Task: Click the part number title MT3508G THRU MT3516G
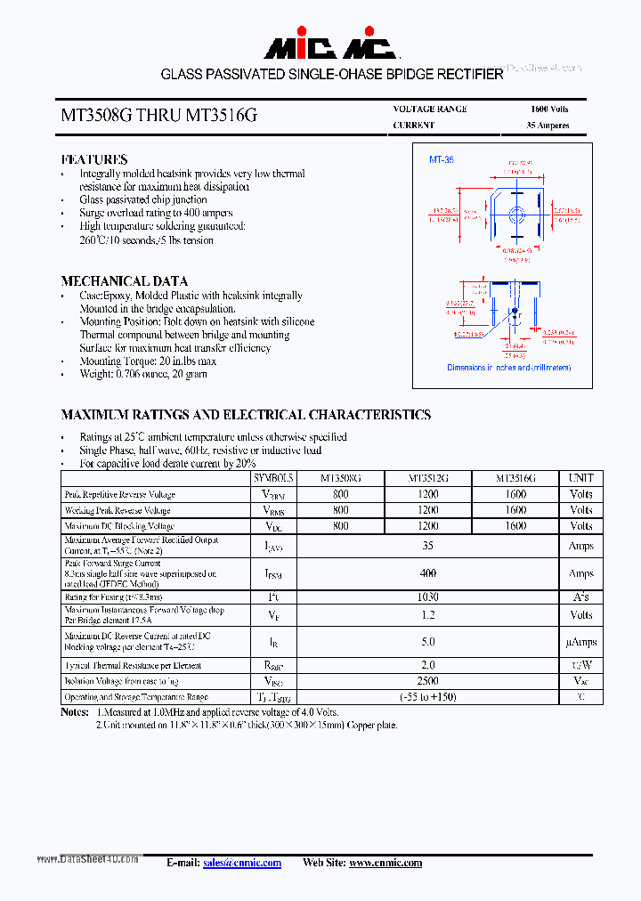(159, 116)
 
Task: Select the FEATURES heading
(93, 159)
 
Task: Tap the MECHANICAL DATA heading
(124, 280)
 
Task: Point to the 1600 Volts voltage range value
(548, 109)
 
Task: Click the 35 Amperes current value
(548, 126)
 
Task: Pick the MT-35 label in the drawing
(442, 159)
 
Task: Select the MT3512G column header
(427, 478)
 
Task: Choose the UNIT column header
(580, 478)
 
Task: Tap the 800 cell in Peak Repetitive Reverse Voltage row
(340, 494)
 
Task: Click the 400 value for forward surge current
(427, 574)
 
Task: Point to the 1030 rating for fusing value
(427, 597)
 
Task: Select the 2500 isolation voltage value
(427, 681)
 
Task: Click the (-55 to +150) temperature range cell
(427, 696)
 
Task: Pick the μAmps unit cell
(580, 642)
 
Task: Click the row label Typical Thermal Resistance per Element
(133, 666)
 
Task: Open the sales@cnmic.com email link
(241, 863)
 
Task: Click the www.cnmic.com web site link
(385, 863)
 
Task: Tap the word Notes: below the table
(75, 712)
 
